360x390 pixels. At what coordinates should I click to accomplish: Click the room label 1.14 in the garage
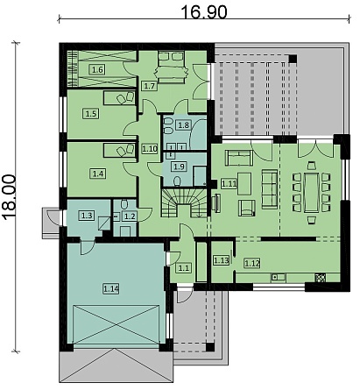111,289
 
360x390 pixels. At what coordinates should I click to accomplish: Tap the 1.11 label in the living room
229,184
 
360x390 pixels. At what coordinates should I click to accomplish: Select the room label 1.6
97,69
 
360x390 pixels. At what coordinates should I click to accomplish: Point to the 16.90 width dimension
204,12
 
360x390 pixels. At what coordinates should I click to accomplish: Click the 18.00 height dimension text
9,196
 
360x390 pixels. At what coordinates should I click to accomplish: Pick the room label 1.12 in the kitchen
252,263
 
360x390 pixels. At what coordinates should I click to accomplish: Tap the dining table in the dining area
311,192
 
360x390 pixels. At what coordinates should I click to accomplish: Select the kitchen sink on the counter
278,277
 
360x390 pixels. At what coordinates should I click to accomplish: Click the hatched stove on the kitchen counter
321,277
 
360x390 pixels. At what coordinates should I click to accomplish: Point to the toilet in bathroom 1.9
177,181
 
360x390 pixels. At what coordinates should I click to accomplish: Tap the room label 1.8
183,125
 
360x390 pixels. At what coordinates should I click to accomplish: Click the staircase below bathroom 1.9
184,202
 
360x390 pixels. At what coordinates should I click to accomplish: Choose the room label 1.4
98,174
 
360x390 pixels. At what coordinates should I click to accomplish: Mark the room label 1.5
91,113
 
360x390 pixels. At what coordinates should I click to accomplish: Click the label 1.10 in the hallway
150,149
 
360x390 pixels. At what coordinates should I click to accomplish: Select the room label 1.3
87,216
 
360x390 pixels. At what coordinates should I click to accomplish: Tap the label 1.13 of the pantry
221,260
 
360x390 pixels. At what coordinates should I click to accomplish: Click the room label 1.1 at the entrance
183,267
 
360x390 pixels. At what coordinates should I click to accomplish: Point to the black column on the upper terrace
293,59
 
